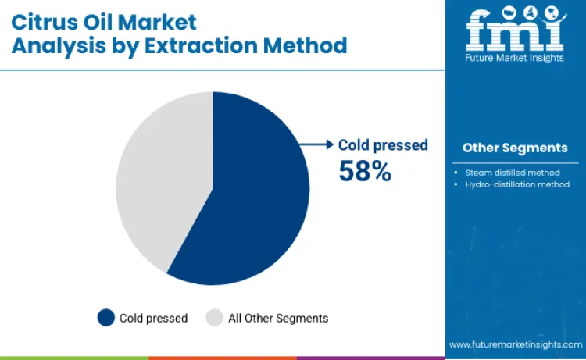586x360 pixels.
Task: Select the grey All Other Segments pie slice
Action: pyautogui.click(x=160, y=180)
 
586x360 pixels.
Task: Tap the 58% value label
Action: pyautogui.click(x=364, y=170)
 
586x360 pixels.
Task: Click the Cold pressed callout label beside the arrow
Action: pyautogui.click(x=383, y=144)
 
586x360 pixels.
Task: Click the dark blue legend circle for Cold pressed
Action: pyautogui.click(x=105, y=318)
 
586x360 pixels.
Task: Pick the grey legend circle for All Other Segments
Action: pyautogui.click(x=214, y=318)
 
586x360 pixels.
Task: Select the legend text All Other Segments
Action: pyautogui.click(x=278, y=318)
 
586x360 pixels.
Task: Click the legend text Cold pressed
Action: pyautogui.click(x=153, y=318)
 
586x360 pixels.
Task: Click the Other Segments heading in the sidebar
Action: pyautogui.click(x=515, y=148)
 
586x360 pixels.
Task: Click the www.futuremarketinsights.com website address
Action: pyautogui.click(x=515, y=344)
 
